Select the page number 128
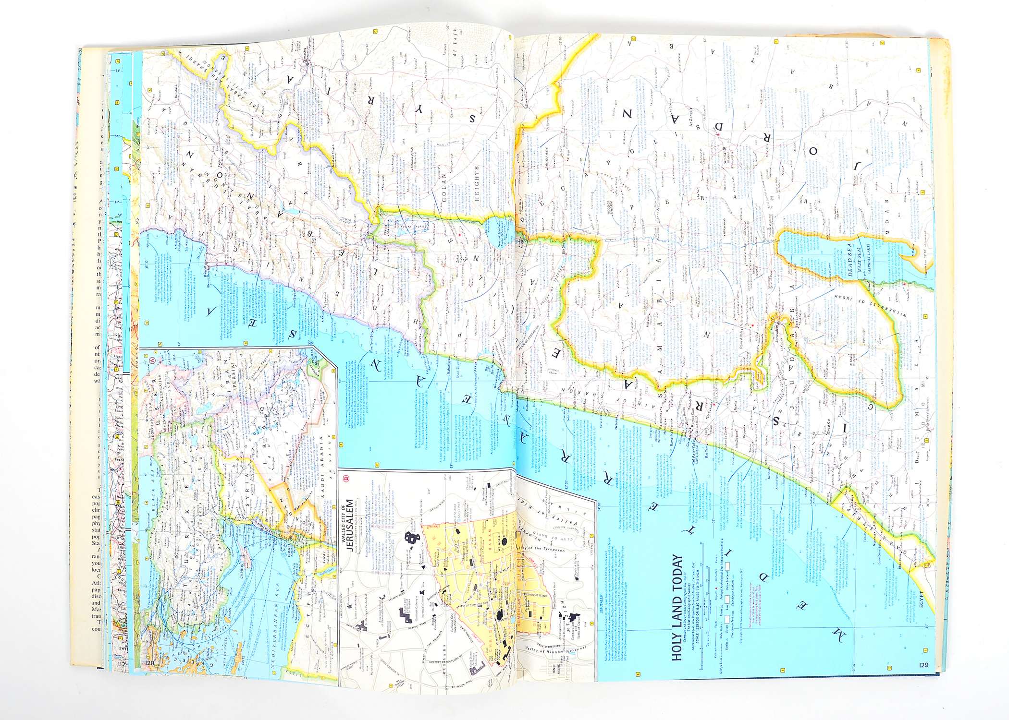point(150,663)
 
